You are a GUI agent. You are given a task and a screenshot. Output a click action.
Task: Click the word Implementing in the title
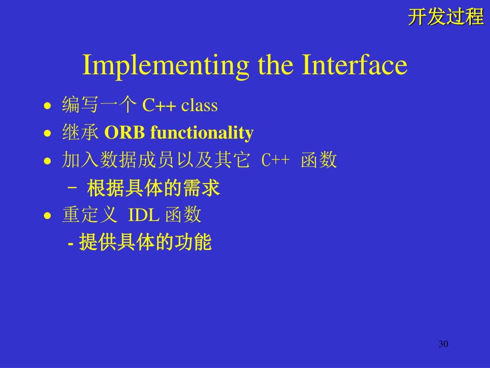(x=166, y=66)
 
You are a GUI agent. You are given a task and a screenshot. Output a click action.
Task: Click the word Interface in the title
(x=355, y=65)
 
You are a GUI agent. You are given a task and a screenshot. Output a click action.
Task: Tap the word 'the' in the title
(x=276, y=65)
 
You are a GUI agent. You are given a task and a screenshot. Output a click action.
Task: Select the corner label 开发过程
(x=446, y=17)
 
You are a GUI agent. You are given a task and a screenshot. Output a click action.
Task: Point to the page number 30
(x=444, y=344)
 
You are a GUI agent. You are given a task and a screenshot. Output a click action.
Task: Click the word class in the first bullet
(x=200, y=105)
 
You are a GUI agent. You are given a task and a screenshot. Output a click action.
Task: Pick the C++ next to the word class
(x=159, y=105)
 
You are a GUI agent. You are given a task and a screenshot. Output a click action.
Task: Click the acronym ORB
(x=124, y=132)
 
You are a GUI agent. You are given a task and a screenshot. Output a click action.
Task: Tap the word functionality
(x=202, y=133)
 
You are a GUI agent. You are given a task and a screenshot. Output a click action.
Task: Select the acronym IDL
(x=144, y=215)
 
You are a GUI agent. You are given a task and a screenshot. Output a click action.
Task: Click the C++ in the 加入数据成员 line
(x=275, y=160)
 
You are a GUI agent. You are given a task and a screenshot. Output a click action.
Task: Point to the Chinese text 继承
(x=80, y=132)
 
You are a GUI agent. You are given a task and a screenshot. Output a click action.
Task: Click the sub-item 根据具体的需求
(x=154, y=188)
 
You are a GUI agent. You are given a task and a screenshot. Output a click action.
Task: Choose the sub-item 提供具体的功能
(x=145, y=241)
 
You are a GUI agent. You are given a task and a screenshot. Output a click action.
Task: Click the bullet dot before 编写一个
(x=47, y=106)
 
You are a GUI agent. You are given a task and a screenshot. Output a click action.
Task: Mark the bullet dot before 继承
(x=47, y=134)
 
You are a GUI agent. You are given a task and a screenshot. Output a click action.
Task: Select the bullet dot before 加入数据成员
(x=47, y=161)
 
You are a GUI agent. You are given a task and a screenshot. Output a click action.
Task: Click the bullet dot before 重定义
(x=47, y=216)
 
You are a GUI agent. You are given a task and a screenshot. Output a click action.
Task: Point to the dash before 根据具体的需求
(x=72, y=188)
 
